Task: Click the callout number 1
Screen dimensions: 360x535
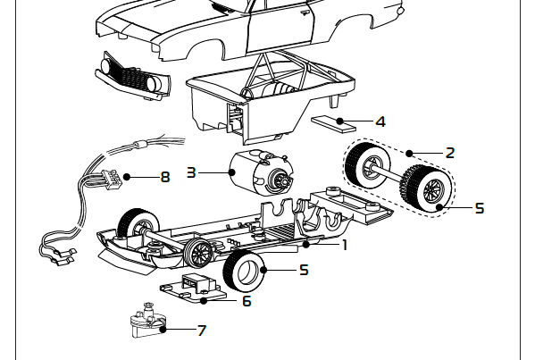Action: (x=345, y=243)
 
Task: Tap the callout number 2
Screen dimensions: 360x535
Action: (x=449, y=153)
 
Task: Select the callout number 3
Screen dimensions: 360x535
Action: (x=191, y=172)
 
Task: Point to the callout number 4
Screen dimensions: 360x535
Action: (x=380, y=121)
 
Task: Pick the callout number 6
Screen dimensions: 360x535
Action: (x=247, y=301)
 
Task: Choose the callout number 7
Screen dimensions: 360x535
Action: (x=202, y=331)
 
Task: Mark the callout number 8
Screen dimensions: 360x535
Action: (x=164, y=177)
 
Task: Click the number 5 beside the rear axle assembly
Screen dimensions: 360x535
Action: (x=479, y=208)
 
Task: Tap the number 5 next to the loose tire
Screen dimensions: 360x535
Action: (x=304, y=269)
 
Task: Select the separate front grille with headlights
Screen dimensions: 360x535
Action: (x=131, y=74)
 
